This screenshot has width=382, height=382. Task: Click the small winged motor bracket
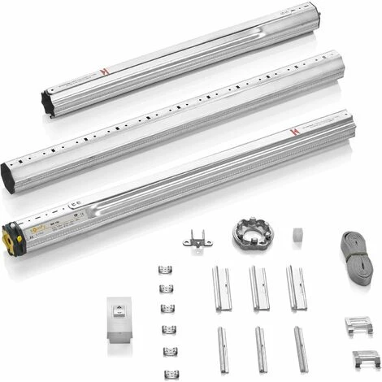click(197, 238)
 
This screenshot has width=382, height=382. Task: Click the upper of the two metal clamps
click(358, 326)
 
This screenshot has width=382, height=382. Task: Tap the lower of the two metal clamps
click(366, 357)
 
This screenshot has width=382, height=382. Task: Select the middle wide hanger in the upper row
click(258, 288)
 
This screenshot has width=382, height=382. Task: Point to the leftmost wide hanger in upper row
click(222, 288)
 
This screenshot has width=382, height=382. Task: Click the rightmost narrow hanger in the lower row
click(301, 349)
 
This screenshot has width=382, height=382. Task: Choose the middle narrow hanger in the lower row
click(261, 349)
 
